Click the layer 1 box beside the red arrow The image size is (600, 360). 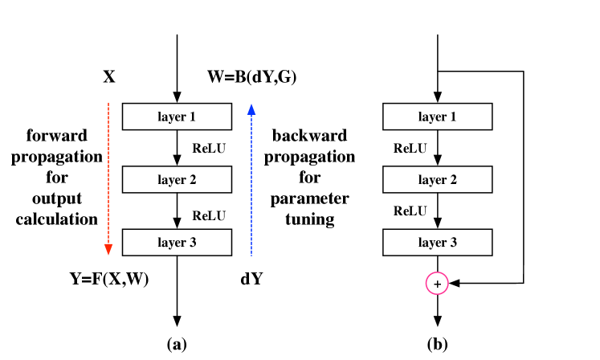coord(177,117)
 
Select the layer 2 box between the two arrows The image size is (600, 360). coord(177,179)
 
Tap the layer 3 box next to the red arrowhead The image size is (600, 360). coord(177,242)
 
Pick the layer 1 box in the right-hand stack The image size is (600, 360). coord(437,117)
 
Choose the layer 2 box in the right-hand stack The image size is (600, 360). coord(437,179)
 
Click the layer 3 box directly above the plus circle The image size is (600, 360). coord(437,242)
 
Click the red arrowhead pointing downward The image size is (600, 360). coord(108,249)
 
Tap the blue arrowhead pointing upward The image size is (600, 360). coord(251,110)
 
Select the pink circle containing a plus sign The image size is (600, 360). coord(437,284)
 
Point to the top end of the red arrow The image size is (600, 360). coord(108,103)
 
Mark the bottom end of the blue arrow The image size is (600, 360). coord(251,255)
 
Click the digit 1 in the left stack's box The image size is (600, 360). coord(192,117)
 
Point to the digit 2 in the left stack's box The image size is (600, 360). coord(192,180)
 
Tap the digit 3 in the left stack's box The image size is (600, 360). coord(192,243)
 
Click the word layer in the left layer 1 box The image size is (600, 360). coord(171,117)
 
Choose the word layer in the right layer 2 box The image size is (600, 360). coord(431,180)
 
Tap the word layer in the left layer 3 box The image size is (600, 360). coord(171,243)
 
